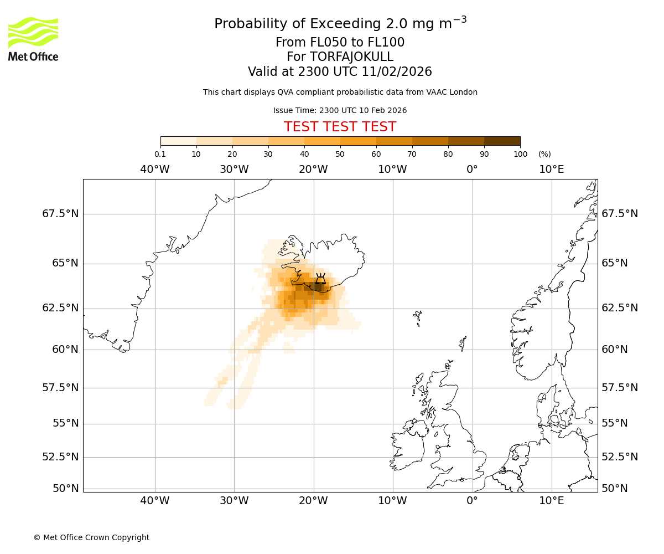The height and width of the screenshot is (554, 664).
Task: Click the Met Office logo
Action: (x=33, y=39)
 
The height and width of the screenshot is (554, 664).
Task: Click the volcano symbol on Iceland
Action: (x=320, y=279)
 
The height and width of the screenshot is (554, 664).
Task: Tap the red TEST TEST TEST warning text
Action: (x=340, y=127)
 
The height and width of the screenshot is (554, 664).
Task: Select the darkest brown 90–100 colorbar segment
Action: (x=502, y=141)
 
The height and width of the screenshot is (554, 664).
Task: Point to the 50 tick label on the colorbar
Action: (x=340, y=154)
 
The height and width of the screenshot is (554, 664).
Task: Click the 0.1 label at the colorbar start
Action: (x=160, y=154)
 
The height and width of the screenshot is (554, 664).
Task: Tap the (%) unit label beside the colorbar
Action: (x=544, y=154)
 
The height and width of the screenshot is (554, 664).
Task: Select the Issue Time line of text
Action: (x=340, y=110)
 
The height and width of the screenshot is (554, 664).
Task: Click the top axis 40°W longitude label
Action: (x=155, y=169)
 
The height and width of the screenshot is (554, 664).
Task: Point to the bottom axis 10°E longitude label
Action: (x=552, y=501)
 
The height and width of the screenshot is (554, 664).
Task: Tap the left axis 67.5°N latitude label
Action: (x=60, y=214)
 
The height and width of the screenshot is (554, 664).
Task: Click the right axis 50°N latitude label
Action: (x=615, y=488)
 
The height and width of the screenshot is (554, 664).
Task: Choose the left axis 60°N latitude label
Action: (x=65, y=349)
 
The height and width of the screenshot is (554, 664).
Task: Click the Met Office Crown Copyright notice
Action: (x=91, y=537)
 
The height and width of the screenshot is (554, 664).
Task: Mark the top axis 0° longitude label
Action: (x=472, y=169)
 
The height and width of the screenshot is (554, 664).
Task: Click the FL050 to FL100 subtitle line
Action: (x=340, y=43)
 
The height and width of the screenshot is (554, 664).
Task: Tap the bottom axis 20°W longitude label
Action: (x=314, y=501)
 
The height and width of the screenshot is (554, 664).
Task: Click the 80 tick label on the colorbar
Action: (x=448, y=154)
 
